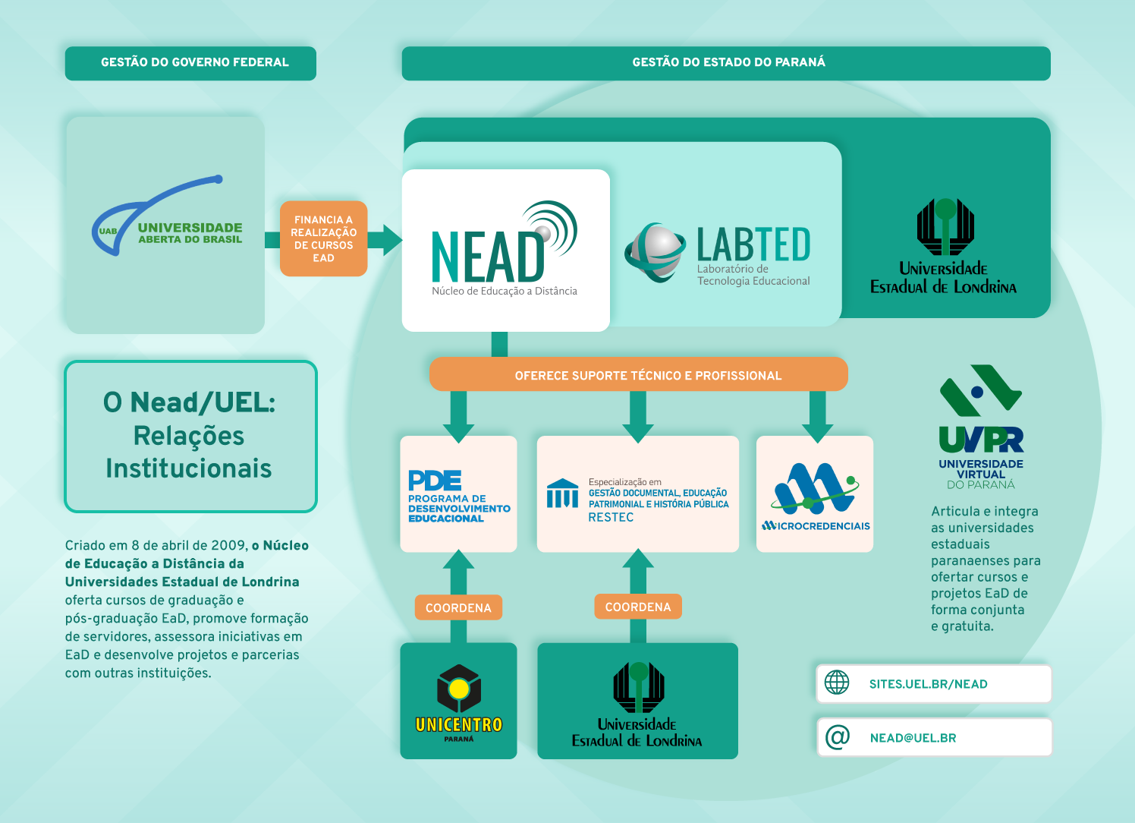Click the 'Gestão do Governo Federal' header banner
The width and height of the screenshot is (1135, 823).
point(190,63)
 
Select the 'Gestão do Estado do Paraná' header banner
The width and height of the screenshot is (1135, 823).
point(726,63)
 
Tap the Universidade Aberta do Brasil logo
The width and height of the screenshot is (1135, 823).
point(167,216)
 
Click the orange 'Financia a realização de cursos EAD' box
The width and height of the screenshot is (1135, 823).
point(324,238)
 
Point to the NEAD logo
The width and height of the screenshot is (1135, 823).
point(505,248)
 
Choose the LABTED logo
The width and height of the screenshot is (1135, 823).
point(718,254)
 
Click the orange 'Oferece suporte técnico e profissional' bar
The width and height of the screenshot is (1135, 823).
point(639,374)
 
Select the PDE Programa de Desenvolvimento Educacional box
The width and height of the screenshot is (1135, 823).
point(458,494)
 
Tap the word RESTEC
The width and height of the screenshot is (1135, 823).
point(611,517)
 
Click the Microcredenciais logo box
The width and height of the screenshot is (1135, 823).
point(815,494)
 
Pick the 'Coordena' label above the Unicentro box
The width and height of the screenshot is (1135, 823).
point(458,607)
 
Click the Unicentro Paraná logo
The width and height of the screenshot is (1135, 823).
point(458,703)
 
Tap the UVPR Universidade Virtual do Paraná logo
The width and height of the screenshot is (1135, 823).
point(981,427)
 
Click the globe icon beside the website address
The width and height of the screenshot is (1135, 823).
point(837,683)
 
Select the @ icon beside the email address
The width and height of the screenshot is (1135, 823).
point(837,736)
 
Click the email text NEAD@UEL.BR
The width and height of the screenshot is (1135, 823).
point(913,738)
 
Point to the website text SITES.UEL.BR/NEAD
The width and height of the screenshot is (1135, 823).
point(929,684)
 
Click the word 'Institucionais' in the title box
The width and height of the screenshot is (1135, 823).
point(188,468)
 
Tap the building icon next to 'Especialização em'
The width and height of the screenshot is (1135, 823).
point(562,493)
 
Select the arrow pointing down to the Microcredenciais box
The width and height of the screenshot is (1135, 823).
point(818,417)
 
